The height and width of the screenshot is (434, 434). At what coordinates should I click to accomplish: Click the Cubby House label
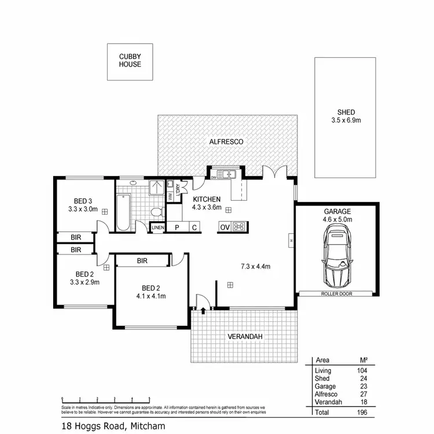(130, 60)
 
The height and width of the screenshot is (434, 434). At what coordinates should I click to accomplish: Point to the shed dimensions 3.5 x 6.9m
(346, 122)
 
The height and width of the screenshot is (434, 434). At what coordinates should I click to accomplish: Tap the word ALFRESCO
(226, 141)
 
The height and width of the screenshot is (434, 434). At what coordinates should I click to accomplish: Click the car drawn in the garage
(338, 256)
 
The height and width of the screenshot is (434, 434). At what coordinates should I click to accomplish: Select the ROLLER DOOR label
(337, 294)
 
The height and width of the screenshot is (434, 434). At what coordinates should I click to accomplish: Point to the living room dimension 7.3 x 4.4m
(256, 267)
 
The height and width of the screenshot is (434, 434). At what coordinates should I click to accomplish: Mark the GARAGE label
(338, 212)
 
